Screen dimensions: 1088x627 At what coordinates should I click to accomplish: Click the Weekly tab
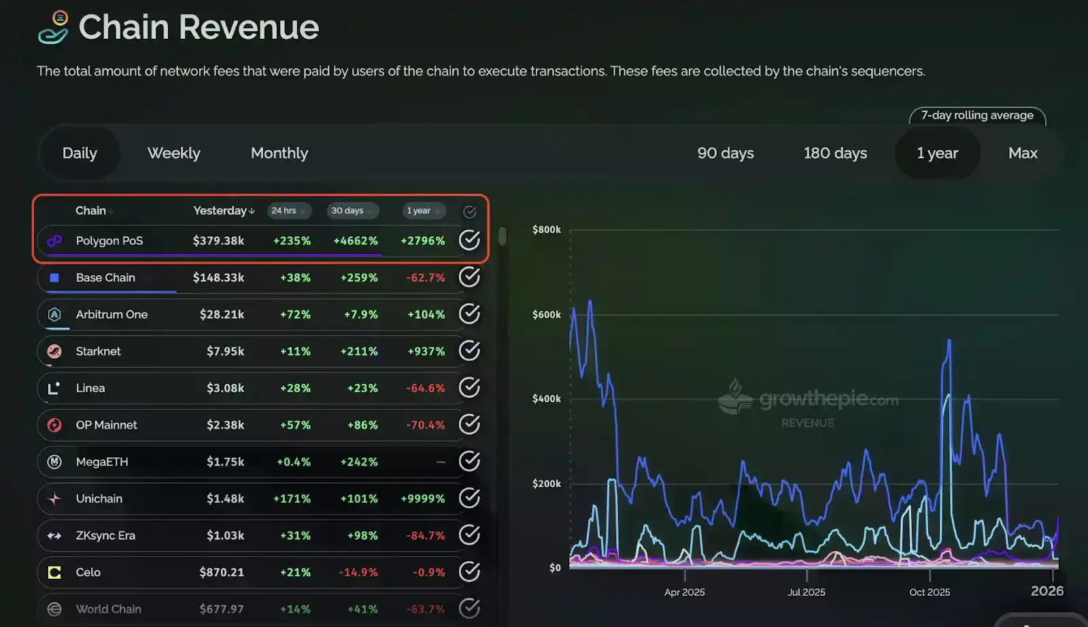(x=174, y=154)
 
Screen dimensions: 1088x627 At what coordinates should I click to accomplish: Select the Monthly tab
(x=279, y=154)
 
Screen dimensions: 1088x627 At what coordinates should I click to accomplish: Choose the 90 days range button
(x=725, y=154)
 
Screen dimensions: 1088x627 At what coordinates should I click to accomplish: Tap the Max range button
(x=1023, y=154)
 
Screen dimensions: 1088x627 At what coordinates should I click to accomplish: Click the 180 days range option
(x=835, y=154)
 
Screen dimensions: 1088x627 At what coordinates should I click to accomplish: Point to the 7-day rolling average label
(x=977, y=115)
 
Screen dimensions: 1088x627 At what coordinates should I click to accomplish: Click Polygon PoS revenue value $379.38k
(x=218, y=240)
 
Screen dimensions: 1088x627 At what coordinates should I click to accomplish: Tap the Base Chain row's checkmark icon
(x=469, y=277)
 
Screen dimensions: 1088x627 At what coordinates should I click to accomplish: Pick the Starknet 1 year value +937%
(x=426, y=351)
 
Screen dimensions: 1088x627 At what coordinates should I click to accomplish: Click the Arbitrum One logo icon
(x=54, y=315)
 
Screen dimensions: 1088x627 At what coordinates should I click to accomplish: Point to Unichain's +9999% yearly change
(x=422, y=499)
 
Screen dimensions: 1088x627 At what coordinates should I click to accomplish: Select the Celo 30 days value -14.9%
(x=358, y=573)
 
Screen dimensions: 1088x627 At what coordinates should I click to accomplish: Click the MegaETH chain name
(x=102, y=462)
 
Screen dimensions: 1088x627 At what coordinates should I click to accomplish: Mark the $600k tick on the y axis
(x=547, y=315)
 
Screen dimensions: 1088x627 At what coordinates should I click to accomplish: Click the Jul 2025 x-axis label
(x=806, y=592)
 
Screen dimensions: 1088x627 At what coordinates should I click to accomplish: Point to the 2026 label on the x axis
(x=1047, y=591)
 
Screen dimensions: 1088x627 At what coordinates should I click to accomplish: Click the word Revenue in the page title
(x=249, y=27)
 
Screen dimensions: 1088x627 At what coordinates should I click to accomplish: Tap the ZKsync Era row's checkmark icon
(x=469, y=535)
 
